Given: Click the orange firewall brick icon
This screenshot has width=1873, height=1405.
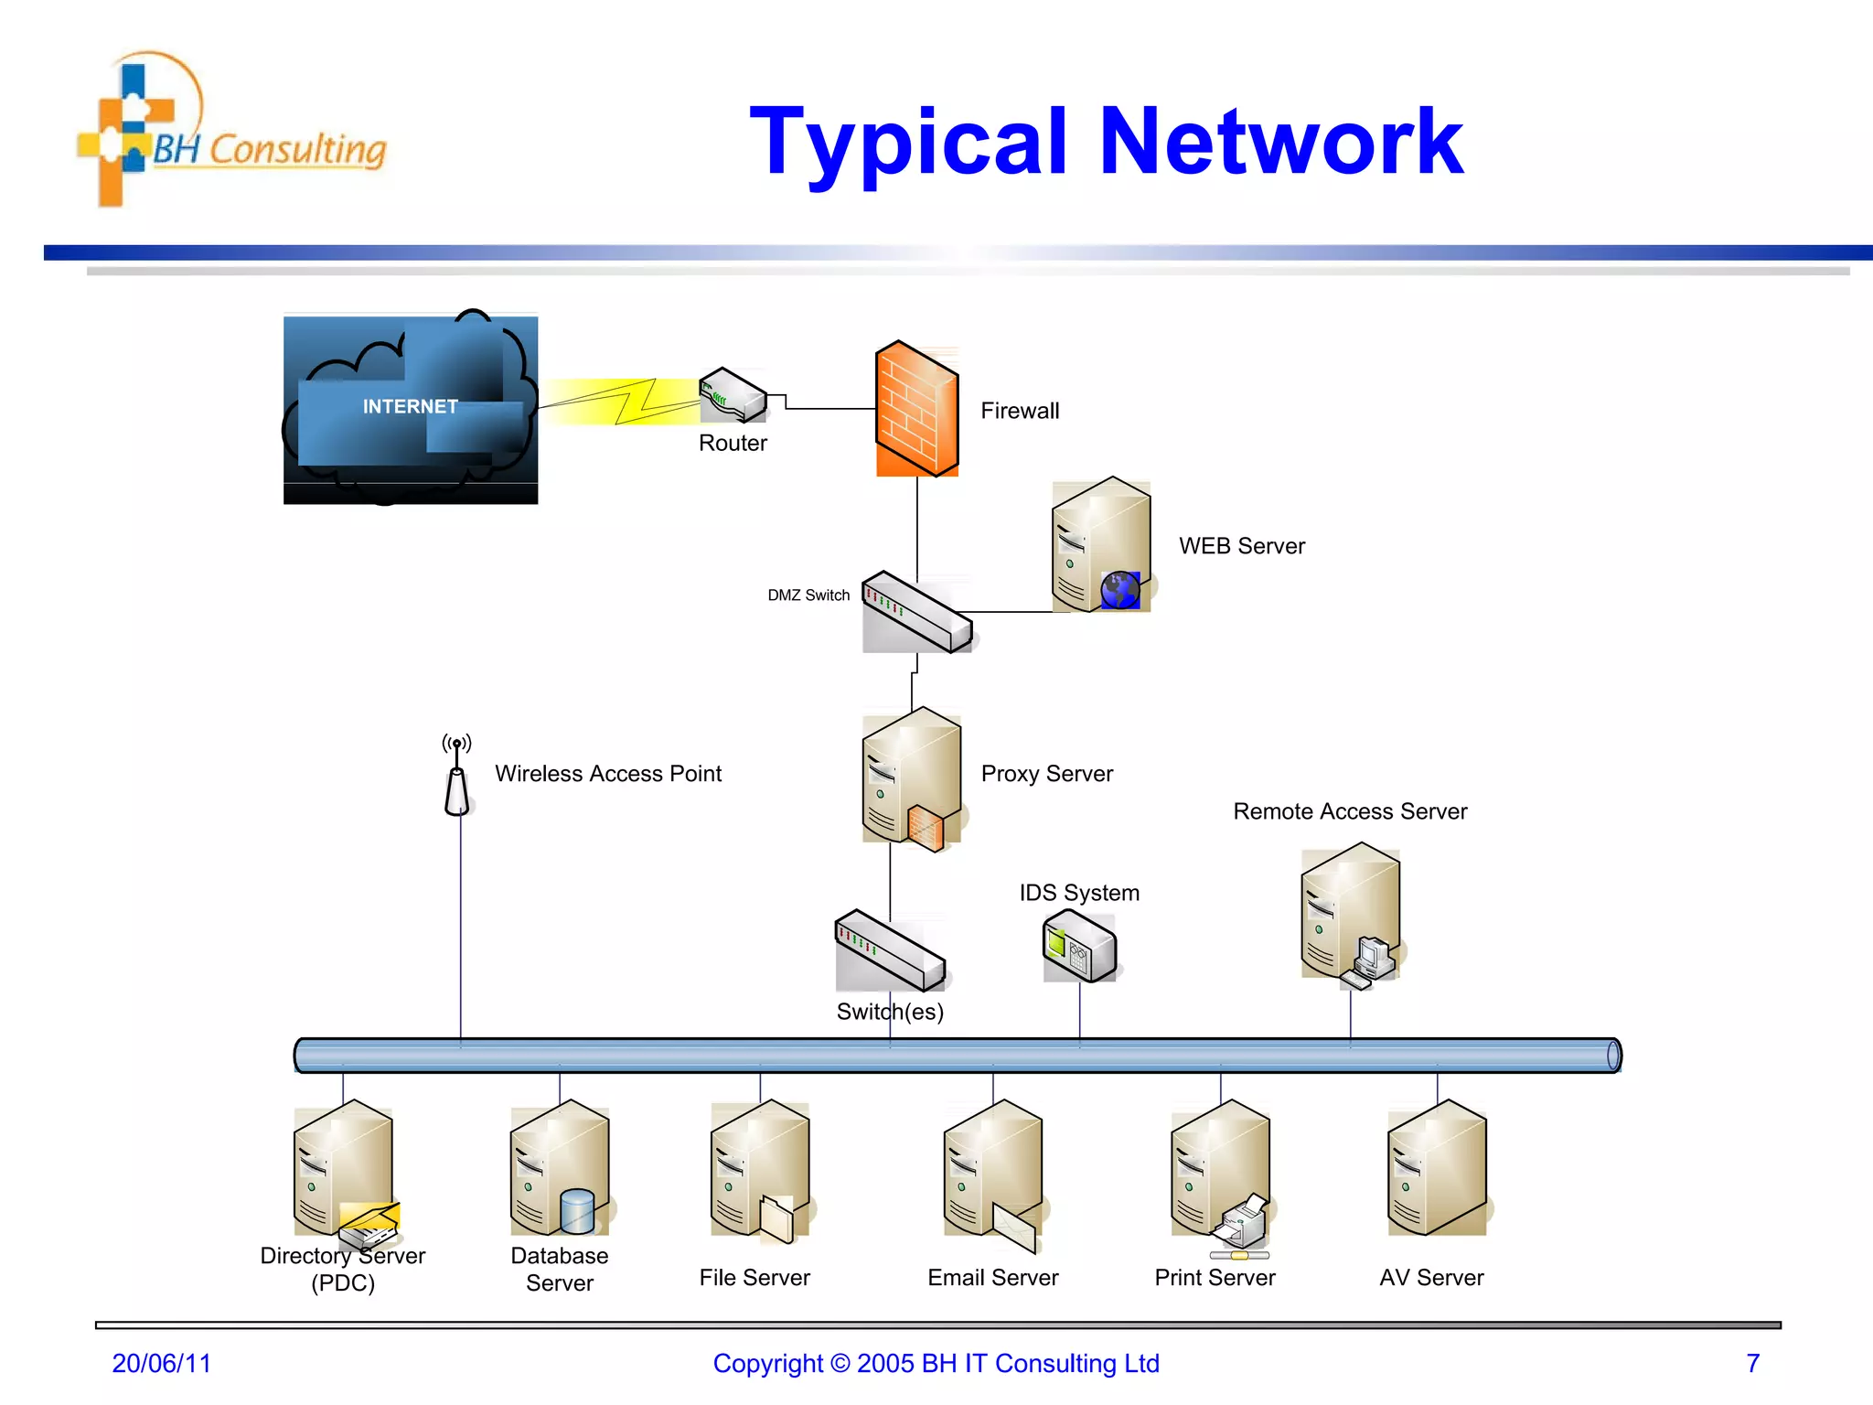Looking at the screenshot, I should pyautogui.click(x=916, y=409).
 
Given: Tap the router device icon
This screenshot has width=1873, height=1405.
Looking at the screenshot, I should pyautogui.click(x=733, y=395).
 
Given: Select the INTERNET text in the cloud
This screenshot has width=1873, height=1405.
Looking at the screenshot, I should pyautogui.click(x=410, y=406).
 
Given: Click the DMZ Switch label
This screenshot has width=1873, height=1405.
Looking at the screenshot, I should pyautogui.click(x=808, y=595).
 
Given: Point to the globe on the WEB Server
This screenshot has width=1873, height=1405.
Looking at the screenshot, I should pyautogui.click(x=1119, y=590).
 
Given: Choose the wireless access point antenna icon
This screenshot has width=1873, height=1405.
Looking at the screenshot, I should pyautogui.click(x=457, y=778).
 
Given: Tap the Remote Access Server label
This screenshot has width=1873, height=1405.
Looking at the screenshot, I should pyautogui.click(x=1350, y=811).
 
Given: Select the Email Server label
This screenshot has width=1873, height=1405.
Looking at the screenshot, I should pyautogui.click(x=992, y=1278).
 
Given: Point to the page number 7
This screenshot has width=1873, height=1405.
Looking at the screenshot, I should pyautogui.click(x=1752, y=1363).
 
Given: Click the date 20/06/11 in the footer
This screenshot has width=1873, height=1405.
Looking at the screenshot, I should pyautogui.click(x=161, y=1363).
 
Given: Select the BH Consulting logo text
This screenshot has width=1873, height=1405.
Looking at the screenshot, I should pyautogui.click(x=270, y=149).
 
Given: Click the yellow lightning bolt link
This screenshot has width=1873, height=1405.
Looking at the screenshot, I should pyautogui.click(x=631, y=402).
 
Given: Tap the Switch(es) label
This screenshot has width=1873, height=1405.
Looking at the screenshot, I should pyautogui.click(x=890, y=1012).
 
